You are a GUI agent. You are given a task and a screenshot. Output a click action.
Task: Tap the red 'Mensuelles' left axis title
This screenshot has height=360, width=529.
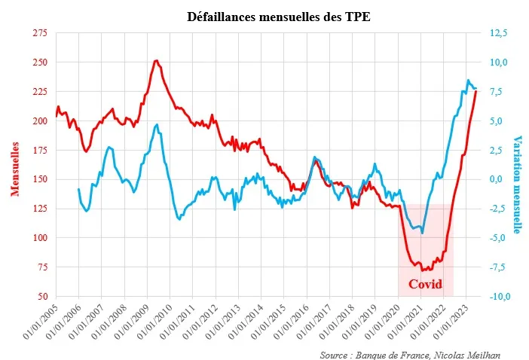pyautogui.click(x=15, y=166)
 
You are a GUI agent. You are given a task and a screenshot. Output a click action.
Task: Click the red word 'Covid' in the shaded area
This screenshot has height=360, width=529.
pyautogui.click(x=426, y=284)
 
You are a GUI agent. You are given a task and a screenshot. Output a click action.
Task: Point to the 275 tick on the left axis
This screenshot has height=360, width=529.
pyautogui.click(x=40, y=33)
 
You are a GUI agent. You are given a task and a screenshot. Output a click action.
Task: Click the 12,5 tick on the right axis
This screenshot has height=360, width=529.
pyautogui.click(x=498, y=33)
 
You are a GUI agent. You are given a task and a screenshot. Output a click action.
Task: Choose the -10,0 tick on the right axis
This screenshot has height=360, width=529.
pyautogui.click(x=500, y=296)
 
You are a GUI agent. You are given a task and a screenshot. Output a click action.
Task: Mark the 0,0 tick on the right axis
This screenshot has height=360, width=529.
pyautogui.click(x=499, y=179)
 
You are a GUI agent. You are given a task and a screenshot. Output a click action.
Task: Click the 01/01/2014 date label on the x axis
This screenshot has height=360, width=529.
pyautogui.click(x=246, y=322)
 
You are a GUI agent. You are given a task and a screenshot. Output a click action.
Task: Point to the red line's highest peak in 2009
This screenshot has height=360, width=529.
pyautogui.click(x=156, y=60)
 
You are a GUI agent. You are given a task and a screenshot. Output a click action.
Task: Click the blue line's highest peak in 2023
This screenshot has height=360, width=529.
pyautogui.click(x=468, y=80)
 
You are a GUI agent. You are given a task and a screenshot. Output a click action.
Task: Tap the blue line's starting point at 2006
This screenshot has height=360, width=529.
pyautogui.click(x=78, y=189)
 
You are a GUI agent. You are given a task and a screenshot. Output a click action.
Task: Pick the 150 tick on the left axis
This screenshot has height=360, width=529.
pyautogui.click(x=40, y=179)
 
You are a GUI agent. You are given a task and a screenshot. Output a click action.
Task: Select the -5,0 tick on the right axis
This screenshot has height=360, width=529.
pyautogui.click(x=500, y=238)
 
